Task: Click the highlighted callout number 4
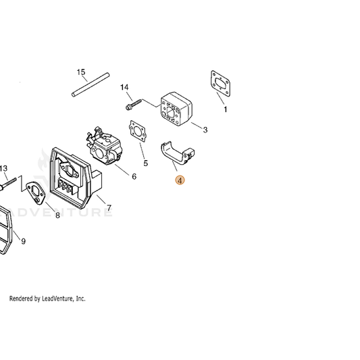coord(180,180)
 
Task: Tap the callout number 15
coord(81,72)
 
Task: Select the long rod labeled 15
coord(91,84)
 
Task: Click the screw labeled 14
coord(134,105)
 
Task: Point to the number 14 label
coord(124,87)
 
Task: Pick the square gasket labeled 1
coord(220,83)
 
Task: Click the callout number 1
coord(226,109)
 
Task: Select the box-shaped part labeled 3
coord(176,109)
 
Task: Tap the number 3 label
coord(205,130)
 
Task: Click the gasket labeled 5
coord(138,131)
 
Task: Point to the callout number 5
coord(146,163)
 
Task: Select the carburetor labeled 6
coord(104,146)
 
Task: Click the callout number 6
coord(134,176)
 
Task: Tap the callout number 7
coord(109,208)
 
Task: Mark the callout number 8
coord(57,215)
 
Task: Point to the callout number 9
coord(23,241)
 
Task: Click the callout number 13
coord(3,169)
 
